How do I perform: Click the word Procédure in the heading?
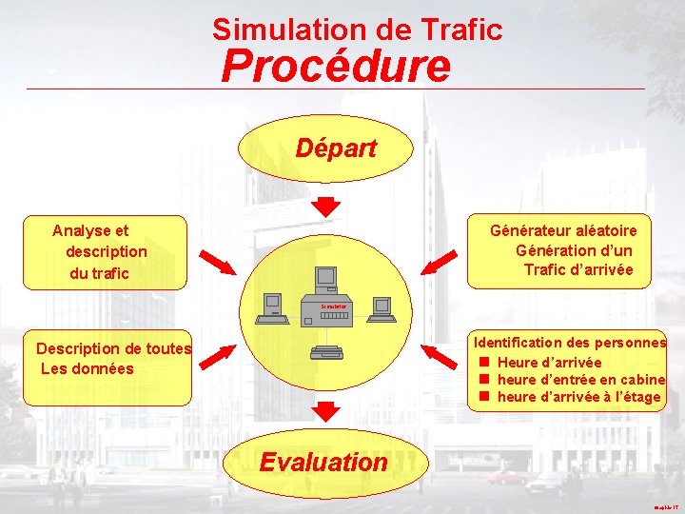pyautogui.click(x=336, y=67)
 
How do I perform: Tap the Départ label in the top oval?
pyautogui.click(x=335, y=148)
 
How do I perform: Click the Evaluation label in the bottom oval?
pyautogui.click(x=323, y=463)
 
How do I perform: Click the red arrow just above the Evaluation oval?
pyautogui.click(x=326, y=411)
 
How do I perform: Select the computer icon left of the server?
pyautogui.click(x=275, y=305)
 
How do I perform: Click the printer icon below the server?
pyautogui.click(x=326, y=353)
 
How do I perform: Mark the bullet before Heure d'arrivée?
pyautogui.click(x=483, y=362)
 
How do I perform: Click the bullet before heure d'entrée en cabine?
pyautogui.click(x=483, y=379)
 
